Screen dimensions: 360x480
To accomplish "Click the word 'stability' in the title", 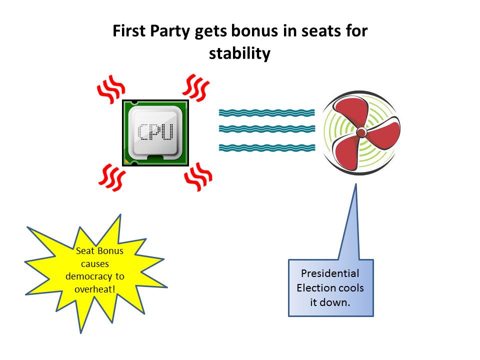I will [239, 53].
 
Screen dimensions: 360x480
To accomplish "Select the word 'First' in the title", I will [128, 31].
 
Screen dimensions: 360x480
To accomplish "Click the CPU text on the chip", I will [155, 132].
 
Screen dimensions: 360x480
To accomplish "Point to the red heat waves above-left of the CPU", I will [109, 88].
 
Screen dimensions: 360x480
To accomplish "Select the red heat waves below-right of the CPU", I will [198, 176].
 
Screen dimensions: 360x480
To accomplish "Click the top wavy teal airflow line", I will [266, 113].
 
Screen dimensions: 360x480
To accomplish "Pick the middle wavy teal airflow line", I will [266, 129].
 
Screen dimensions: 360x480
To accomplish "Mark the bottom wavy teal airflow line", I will [266, 147].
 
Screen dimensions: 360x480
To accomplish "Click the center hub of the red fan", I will [360, 132].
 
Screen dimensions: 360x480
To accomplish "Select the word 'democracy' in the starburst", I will [95, 276].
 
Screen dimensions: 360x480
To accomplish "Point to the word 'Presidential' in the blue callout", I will [330, 273].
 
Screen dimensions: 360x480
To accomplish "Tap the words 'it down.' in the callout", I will [330, 302].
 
